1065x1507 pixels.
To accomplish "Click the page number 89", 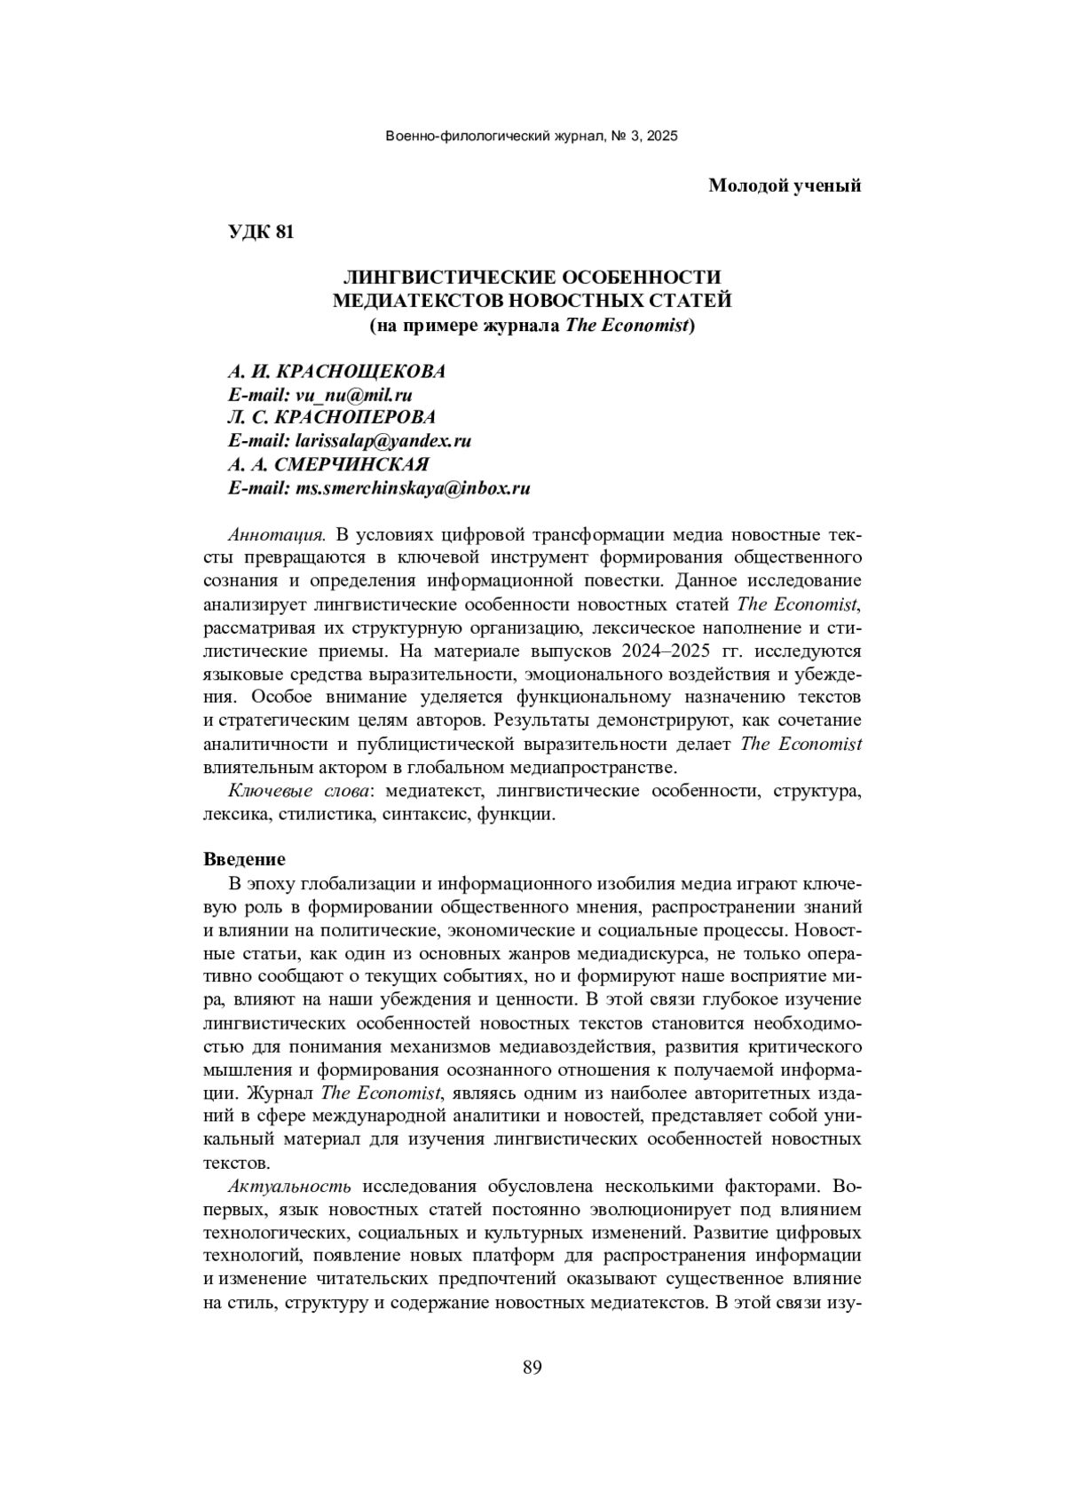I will click(532, 1367).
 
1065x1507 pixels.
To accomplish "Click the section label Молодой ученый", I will click(785, 185).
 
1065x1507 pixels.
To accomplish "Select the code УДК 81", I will click(260, 233).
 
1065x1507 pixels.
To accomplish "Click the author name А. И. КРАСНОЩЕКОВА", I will click(336, 372).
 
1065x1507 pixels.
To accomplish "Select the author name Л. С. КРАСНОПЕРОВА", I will click(332, 418).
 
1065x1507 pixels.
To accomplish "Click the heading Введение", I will click(244, 859).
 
